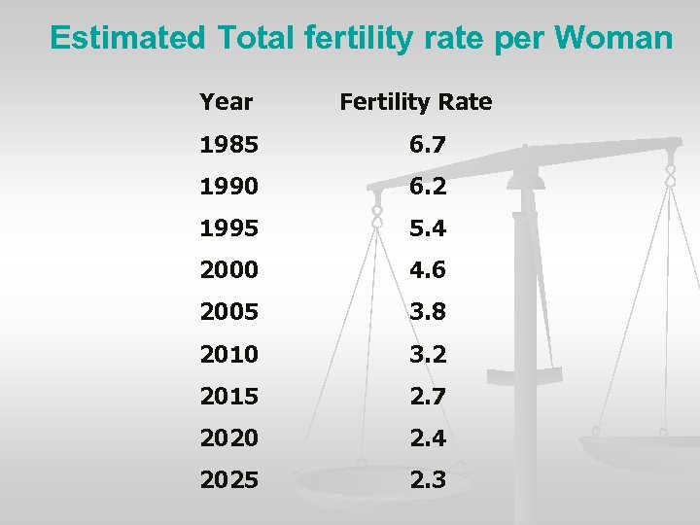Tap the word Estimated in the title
click(x=127, y=38)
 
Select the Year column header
click(x=226, y=101)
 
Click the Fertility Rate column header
click(x=415, y=101)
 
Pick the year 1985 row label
click(x=228, y=145)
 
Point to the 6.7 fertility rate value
click(x=427, y=145)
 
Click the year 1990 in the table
click(x=228, y=187)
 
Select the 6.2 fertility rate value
click(x=427, y=187)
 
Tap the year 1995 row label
click(x=228, y=228)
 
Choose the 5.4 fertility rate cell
click(x=427, y=228)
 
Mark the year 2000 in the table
click(x=228, y=270)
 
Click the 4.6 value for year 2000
click(x=427, y=270)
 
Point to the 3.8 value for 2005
click(x=427, y=312)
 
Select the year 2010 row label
click(x=228, y=354)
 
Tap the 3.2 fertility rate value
click(x=427, y=354)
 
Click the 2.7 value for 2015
click(x=427, y=396)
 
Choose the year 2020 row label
click(x=228, y=437)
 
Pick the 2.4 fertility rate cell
click(x=427, y=437)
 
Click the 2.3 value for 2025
click(x=427, y=479)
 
